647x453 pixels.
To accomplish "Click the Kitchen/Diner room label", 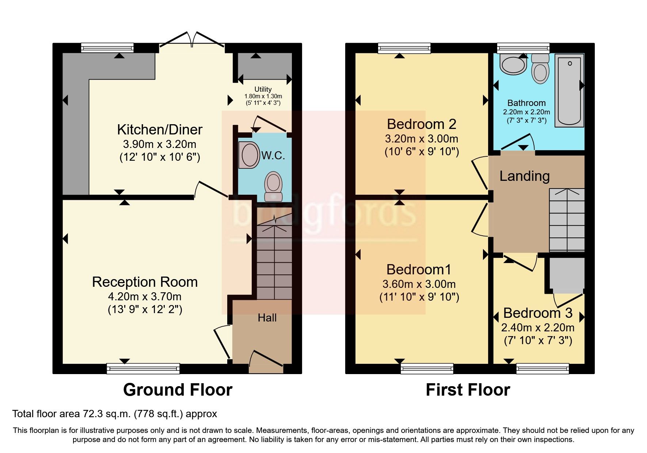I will coord(160,130).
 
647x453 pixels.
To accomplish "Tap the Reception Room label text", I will coord(145,282).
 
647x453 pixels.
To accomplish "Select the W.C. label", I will coord(273,156).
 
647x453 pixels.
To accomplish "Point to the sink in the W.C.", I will coord(249,155).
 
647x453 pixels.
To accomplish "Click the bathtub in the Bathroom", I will coord(569,90).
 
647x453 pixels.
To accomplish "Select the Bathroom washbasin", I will coord(514,65).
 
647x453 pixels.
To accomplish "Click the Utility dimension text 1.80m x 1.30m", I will coord(263,96).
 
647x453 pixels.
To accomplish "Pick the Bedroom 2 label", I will coord(421,124).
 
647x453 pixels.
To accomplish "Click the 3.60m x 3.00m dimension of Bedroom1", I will coord(419,284).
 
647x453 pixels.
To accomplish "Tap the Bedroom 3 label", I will coord(537,313).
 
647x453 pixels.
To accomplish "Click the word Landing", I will coord(524,176).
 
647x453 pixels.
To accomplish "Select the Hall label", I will coord(267,318).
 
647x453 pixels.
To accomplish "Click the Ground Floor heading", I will coord(178,390).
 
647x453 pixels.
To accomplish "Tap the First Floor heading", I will coord(468,390).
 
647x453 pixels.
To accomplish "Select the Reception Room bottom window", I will coord(143,368).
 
